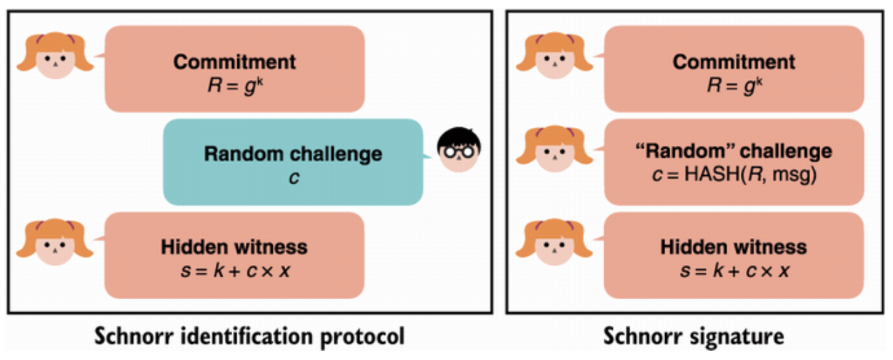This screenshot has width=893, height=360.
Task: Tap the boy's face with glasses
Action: [x=458, y=151]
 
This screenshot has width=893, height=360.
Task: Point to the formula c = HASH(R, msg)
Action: [x=734, y=172]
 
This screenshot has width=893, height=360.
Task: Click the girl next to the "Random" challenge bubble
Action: [x=554, y=151]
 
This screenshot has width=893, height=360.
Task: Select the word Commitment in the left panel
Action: [x=234, y=61]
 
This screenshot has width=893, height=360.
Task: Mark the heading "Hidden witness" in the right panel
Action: [x=734, y=247]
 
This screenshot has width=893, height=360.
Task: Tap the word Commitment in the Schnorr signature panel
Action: [x=734, y=61]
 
